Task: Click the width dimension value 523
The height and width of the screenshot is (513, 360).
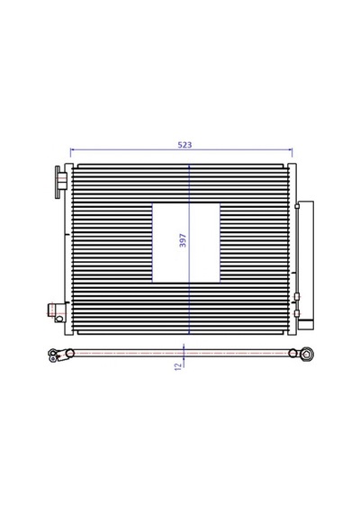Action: pyautogui.click(x=184, y=145)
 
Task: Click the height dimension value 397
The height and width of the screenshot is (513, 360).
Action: pyautogui.click(x=183, y=240)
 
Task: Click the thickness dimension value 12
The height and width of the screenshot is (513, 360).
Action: pyautogui.click(x=178, y=366)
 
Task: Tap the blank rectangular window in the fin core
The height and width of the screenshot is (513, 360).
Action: pyautogui.click(x=186, y=243)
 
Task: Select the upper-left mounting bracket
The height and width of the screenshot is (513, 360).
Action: pyautogui.click(x=60, y=182)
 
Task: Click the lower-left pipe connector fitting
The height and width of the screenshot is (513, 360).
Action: pyautogui.click(x=57, y=313)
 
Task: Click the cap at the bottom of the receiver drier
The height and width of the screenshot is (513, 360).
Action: pyautogui.click(x=306, y=325)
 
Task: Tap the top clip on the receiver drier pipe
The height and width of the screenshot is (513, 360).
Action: pyautogui.click(x=297, y=206)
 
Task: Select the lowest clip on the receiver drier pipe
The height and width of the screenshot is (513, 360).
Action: pyautogui.click(x=297, y=313)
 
